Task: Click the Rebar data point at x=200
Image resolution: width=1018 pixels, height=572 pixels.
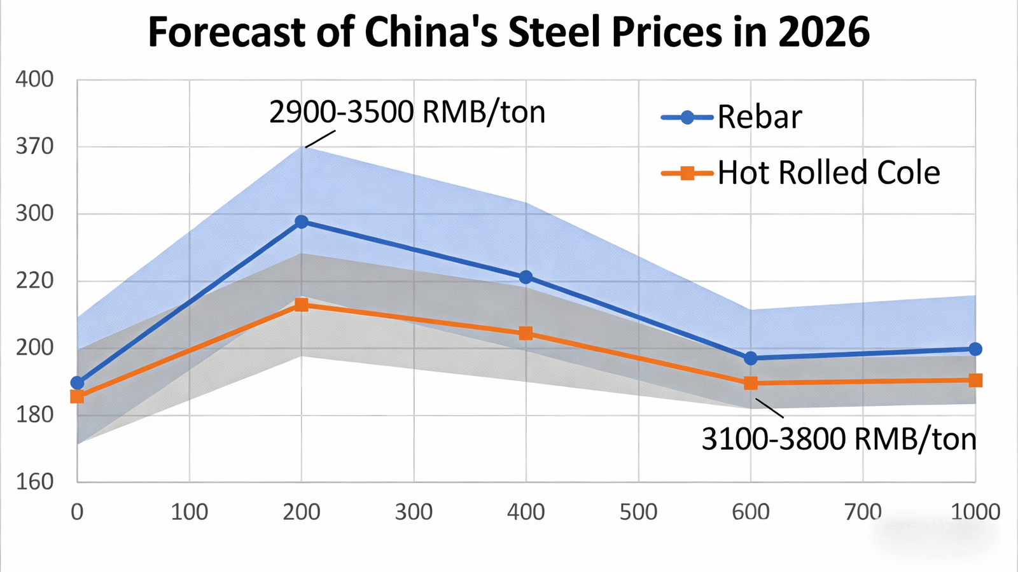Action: tap(302, 222)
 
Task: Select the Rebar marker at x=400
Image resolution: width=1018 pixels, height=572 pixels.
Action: tap(526, 277)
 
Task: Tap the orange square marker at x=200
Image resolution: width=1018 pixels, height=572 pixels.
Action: tap(302, 305)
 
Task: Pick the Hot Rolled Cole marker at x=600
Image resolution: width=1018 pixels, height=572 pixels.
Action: tap(751, 383)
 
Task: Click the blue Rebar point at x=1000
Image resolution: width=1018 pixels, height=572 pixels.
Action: tap(975, 349)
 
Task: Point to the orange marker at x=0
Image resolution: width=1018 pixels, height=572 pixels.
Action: tap(77, 396)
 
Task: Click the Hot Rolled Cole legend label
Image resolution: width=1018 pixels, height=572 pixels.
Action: tap(828, 173)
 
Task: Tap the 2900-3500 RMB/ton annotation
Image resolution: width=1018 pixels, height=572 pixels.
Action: tap(407, 113)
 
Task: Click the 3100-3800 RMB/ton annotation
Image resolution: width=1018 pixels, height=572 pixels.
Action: tap(839, 439)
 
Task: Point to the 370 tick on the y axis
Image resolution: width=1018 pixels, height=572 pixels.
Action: tap(34, 146)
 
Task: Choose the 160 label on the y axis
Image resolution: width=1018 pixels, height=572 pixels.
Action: tap(34, 481)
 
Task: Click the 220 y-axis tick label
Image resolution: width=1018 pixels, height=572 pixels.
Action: tap(34, 281)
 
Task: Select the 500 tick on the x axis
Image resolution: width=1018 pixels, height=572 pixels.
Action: tap(638, 512)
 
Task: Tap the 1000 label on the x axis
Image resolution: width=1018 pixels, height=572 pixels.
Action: tap(975, 512)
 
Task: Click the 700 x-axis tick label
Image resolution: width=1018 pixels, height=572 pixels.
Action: tap(863, 512)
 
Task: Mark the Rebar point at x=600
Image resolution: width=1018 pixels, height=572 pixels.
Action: tap(751, 358)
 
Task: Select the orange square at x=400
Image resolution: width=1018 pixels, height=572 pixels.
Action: tap(526, 333)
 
